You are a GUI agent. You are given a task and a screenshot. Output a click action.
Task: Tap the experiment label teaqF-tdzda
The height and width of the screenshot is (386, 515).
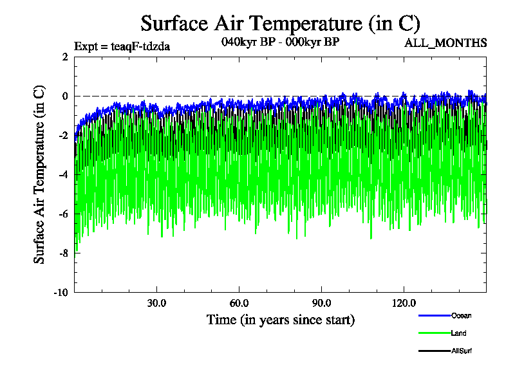point(122,46)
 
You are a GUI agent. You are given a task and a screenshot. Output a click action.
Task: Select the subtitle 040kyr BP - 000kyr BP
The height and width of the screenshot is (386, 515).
point(279,42)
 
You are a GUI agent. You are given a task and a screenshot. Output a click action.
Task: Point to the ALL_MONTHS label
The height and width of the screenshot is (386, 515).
point(445,43)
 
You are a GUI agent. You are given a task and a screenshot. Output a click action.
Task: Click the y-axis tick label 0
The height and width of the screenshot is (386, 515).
point(65,96)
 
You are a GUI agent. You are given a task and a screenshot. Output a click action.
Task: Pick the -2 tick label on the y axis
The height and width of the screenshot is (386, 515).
point(63,135)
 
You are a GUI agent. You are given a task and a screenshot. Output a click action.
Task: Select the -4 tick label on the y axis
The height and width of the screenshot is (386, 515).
point(63,174)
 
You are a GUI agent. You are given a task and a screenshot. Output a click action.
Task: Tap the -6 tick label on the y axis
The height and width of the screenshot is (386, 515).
point(63,214)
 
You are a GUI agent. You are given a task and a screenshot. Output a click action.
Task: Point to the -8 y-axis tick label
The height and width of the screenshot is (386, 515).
point(63,253)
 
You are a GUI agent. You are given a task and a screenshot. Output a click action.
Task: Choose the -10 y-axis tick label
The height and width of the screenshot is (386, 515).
point(61,292)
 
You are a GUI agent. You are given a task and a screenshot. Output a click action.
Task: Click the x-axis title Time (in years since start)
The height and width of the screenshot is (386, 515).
point(280,320)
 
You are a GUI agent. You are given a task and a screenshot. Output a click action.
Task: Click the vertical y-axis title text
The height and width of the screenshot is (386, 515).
point(40,174)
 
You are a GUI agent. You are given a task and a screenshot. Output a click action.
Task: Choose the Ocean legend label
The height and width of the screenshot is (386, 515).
point(461,315)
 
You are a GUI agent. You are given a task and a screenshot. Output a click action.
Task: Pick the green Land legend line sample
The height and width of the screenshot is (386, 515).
point(433,333)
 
